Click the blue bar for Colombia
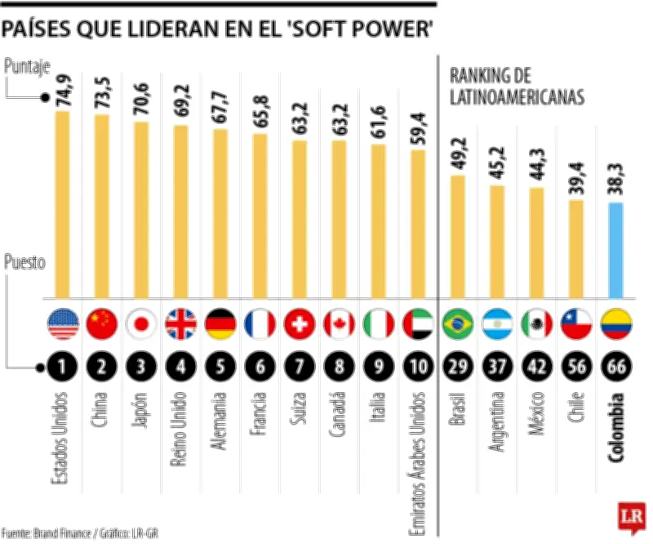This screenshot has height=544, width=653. tap(616, 249)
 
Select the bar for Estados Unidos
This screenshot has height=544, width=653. tap(62, 204)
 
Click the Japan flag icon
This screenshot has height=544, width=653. tap(141, 324)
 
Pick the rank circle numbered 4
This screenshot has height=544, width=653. tap(180, 366)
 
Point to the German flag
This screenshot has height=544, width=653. tap(220, 324)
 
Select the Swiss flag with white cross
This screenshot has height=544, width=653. tap(300, 324)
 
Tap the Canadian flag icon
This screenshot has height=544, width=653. tap(339, 324)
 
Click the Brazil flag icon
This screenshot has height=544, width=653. tap(458, 324)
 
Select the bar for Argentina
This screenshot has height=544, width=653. tap(497, 241)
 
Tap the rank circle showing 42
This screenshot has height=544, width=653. tap(537, 366)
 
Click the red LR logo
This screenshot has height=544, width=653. tap(632, 516)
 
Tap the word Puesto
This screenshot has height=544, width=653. tap(25, 263)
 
